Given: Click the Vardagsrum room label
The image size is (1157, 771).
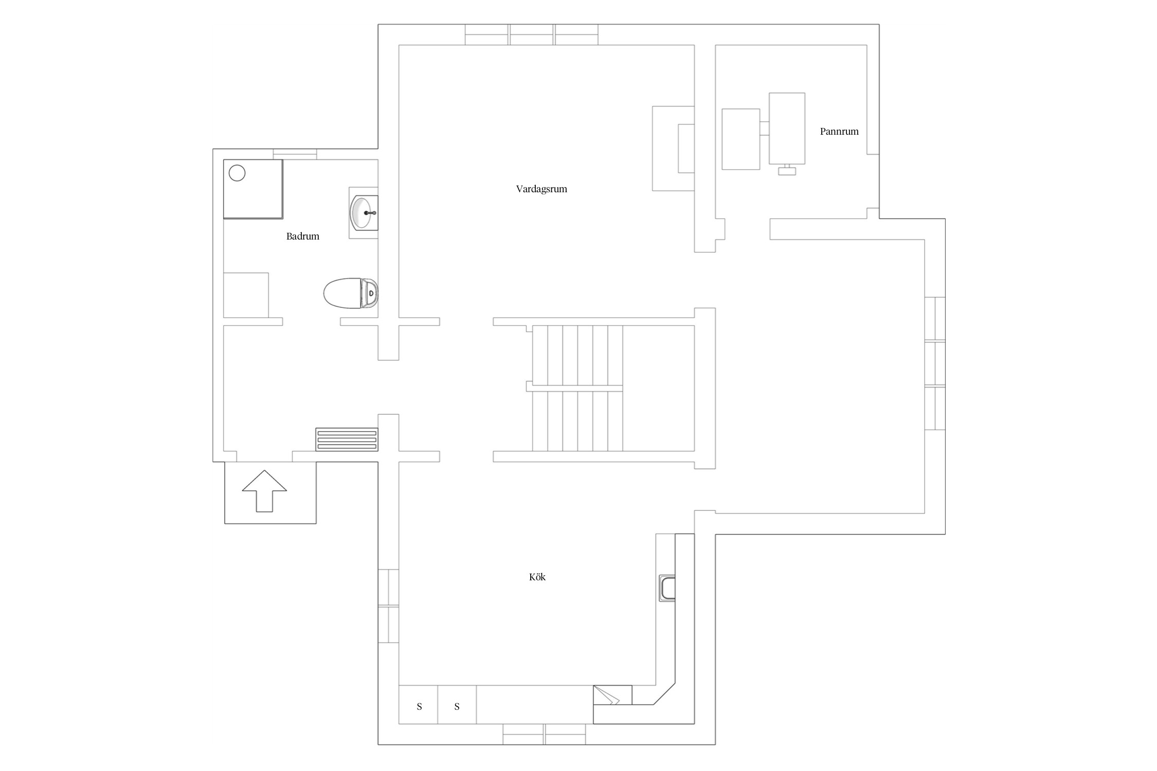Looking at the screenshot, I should [541, 189].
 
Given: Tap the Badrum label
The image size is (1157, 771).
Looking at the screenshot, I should [303, 236].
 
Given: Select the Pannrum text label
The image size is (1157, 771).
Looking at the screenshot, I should [839, 132].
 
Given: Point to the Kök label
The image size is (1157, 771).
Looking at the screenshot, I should [537, 577].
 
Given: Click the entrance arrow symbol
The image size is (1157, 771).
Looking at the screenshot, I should [264, 491].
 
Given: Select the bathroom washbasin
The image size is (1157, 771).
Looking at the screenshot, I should [364, 212].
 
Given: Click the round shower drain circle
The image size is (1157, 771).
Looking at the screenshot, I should [237, 173].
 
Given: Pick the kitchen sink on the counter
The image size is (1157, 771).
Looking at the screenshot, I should [667, 588].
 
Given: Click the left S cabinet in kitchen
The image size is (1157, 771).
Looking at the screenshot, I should [419, 706].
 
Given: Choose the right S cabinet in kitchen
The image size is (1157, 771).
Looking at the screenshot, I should [457, 706].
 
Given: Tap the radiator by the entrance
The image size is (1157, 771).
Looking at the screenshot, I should [347, 440].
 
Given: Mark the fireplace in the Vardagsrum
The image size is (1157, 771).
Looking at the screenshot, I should [674, 149].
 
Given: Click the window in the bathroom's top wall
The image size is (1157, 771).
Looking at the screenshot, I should [295, 154].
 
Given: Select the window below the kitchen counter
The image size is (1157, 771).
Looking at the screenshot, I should [544, 734].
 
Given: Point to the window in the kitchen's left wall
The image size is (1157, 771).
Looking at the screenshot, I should [389, 605].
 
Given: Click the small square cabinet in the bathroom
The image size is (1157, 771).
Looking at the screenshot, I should [246, 295].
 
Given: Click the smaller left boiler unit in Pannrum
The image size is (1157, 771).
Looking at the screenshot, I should [741, 139].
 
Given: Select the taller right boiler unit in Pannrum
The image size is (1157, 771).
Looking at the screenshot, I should [787, 128].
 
